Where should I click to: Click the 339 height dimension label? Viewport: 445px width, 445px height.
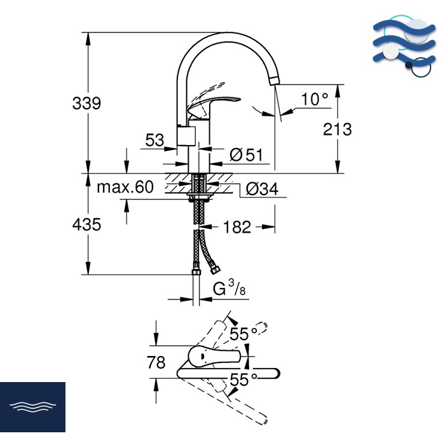86,103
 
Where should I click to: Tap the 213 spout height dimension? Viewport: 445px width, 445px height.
338,130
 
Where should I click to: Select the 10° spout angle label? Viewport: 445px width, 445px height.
315,99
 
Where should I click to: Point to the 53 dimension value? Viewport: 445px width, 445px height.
154,140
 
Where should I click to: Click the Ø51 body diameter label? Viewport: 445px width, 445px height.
247,155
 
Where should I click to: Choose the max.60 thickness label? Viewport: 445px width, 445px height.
125,187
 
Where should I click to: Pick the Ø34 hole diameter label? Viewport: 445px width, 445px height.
262,189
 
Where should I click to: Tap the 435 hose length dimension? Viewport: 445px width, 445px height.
86,224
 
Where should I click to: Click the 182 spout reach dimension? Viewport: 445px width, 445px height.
237,227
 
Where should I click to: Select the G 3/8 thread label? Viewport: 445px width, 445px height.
229,289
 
